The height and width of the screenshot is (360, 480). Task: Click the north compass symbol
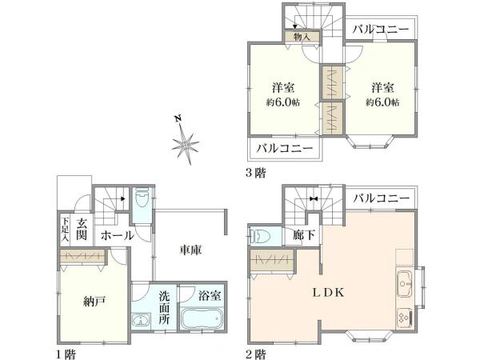(185, 144)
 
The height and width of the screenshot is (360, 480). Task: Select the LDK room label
(327, 293)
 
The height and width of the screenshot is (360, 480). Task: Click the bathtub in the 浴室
(200, 324)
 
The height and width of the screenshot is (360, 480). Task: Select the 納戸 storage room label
(92, 302)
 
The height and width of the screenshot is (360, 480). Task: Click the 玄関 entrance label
(82, 229)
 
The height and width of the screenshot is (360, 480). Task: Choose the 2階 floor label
(257, 353)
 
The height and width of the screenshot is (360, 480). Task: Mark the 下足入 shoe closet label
(65, 229)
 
